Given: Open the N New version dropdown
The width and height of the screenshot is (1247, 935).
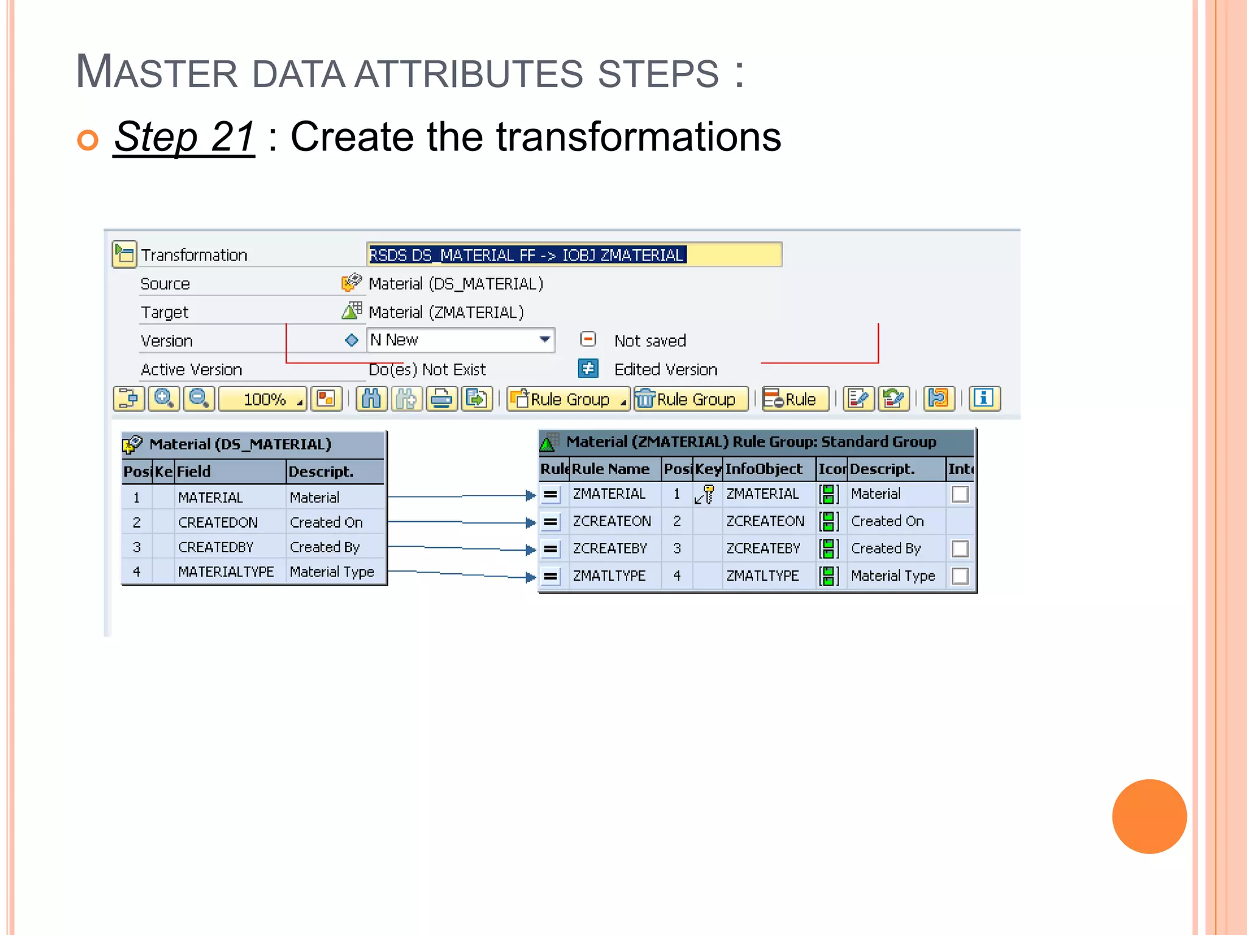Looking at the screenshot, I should pyautogui.click(x=544, y=340).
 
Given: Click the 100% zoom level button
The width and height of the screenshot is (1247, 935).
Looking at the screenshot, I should pyautogui.click(x=263, y=399).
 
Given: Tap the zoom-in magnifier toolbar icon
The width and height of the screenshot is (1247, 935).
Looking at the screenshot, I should pyautogui.click(x=164, y=399).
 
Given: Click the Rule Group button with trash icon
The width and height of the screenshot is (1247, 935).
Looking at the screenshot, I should pyautogui.click(x=690, y=399).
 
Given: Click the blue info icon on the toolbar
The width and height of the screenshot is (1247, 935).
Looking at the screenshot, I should pyautogui.click(x=984, y=399).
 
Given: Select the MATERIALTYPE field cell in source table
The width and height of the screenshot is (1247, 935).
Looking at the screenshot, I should pyautogui.click(x=226, y=572).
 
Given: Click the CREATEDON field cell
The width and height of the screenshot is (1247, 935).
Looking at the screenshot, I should pyautogui.click(x=218, y=522).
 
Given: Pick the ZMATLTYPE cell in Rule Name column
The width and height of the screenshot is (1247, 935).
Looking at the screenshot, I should pyautogui.click(x=609, y=576).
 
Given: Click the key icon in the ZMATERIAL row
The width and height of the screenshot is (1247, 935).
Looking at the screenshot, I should pyautogui.click(x=705, y=494).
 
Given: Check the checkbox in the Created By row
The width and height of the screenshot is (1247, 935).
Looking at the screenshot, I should pyautogui.click(x=960, y=548).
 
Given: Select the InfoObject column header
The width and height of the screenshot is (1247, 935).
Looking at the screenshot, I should pyautogui.click(x=764, y=469).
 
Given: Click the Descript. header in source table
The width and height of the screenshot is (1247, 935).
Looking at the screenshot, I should pyautogui.click(x=321, y=472).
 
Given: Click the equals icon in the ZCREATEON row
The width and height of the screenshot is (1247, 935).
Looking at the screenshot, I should pyautogui.click(x=550, y=522).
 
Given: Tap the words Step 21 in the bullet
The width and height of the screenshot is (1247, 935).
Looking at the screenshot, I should pyautogui.click(x=184, y=137).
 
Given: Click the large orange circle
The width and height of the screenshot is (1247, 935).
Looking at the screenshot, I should pyautogui.click(x=1148, y=816).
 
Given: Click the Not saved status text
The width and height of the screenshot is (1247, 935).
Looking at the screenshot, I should pyautogui.click(x=650, y=341).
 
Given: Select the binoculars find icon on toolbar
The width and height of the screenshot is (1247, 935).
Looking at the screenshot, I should pyautogui.click(x=371, y=399).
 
